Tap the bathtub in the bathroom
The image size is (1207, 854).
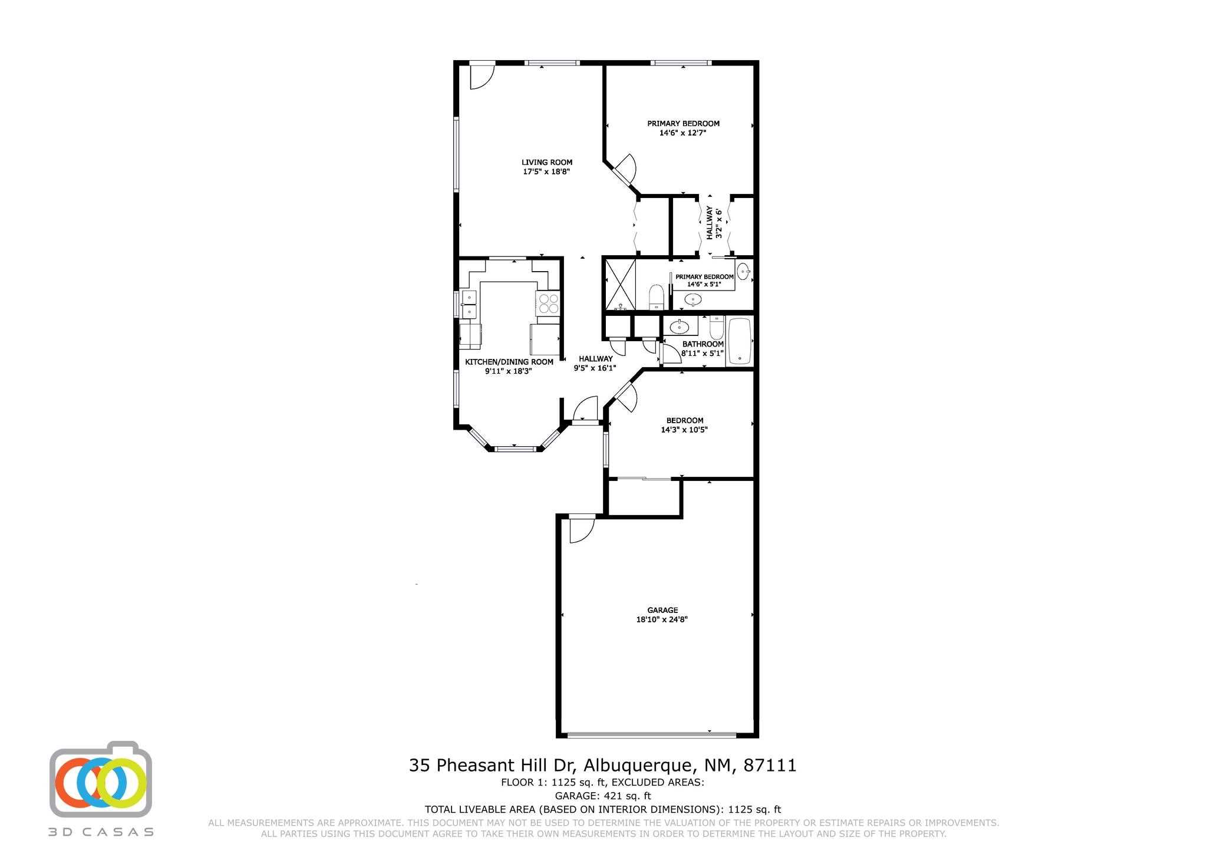click(x=740, y=341)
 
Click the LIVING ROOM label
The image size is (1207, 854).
click(x=547, y=163)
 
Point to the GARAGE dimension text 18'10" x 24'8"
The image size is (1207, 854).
click(x=662, y=619)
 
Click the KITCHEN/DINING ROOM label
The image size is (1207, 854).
click(x=509, y=362)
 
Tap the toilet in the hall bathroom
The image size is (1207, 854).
click(x=716, y=327)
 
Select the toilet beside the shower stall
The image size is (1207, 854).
click(x=657, y=298)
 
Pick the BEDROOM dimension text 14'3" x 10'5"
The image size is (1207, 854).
click(x=684, y=430)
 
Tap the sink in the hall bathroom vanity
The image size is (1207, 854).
click(x=680, y=325)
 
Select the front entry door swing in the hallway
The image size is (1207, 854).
click(x=585, y=408)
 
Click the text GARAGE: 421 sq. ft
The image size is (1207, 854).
click(x=603, y=796)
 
